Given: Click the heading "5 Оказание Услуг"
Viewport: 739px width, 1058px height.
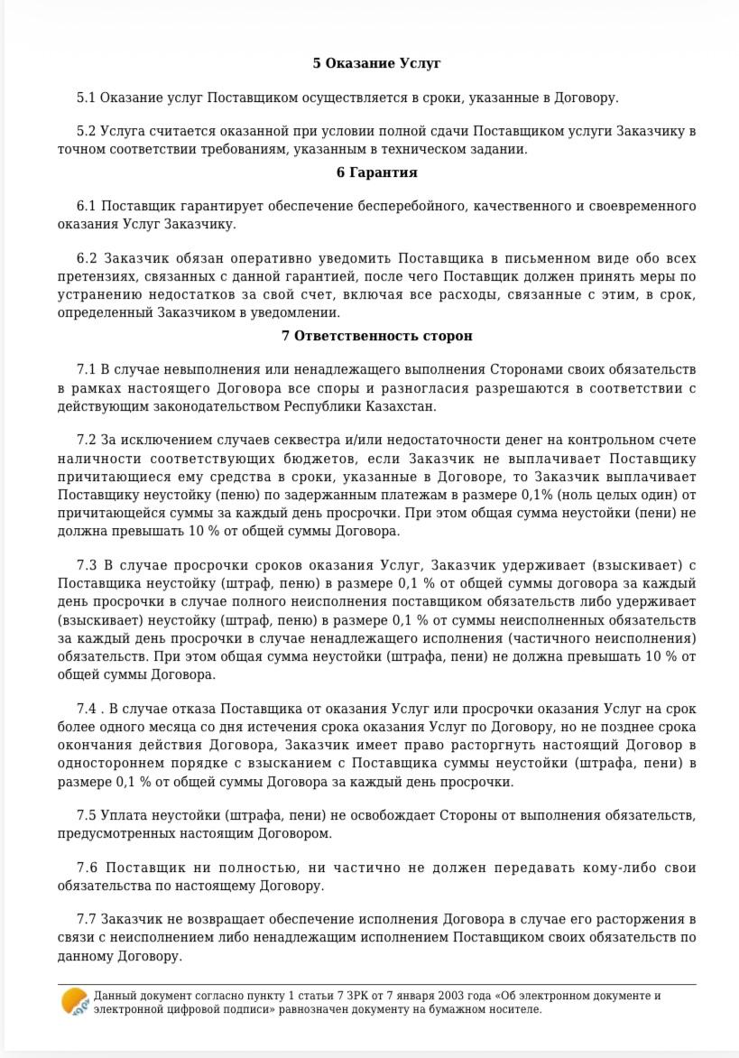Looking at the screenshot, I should tap(376, 63).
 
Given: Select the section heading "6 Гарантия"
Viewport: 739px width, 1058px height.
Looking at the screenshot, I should tap(376, 172).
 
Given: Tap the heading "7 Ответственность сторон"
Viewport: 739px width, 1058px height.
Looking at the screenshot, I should tap(376, 336).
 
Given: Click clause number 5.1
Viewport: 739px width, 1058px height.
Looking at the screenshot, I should tap(86, 97).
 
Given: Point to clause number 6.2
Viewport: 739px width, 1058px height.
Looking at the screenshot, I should tap(88, 259).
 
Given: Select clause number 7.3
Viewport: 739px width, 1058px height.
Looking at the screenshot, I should tap(88, 566).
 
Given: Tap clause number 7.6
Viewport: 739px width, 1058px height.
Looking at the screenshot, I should tap(88, 868).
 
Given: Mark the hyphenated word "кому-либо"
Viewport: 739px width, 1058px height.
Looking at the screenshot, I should tap(607, 868).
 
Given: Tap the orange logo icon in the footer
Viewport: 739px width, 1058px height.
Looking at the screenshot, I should tap(74, 1002).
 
